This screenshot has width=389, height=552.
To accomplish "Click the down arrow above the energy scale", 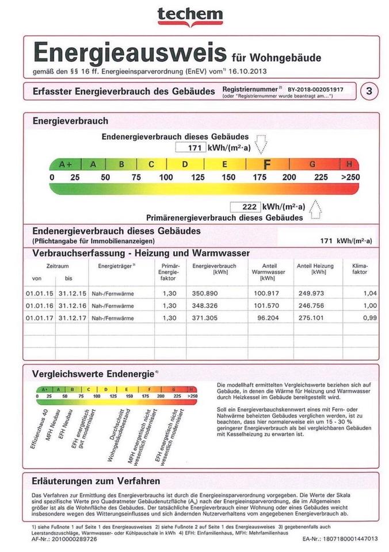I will tap(261, 144).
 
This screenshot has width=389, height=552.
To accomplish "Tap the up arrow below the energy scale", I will tap(315, 210).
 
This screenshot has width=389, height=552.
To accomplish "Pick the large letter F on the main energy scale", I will tap(266, 164).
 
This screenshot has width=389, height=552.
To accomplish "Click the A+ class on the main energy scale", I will tap(66, 164).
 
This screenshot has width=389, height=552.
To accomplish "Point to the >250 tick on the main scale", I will tap(350, 178).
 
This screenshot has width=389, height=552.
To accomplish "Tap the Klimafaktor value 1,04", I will tap(370, 293).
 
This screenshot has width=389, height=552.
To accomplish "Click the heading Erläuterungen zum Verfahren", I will tap(97, 481).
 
